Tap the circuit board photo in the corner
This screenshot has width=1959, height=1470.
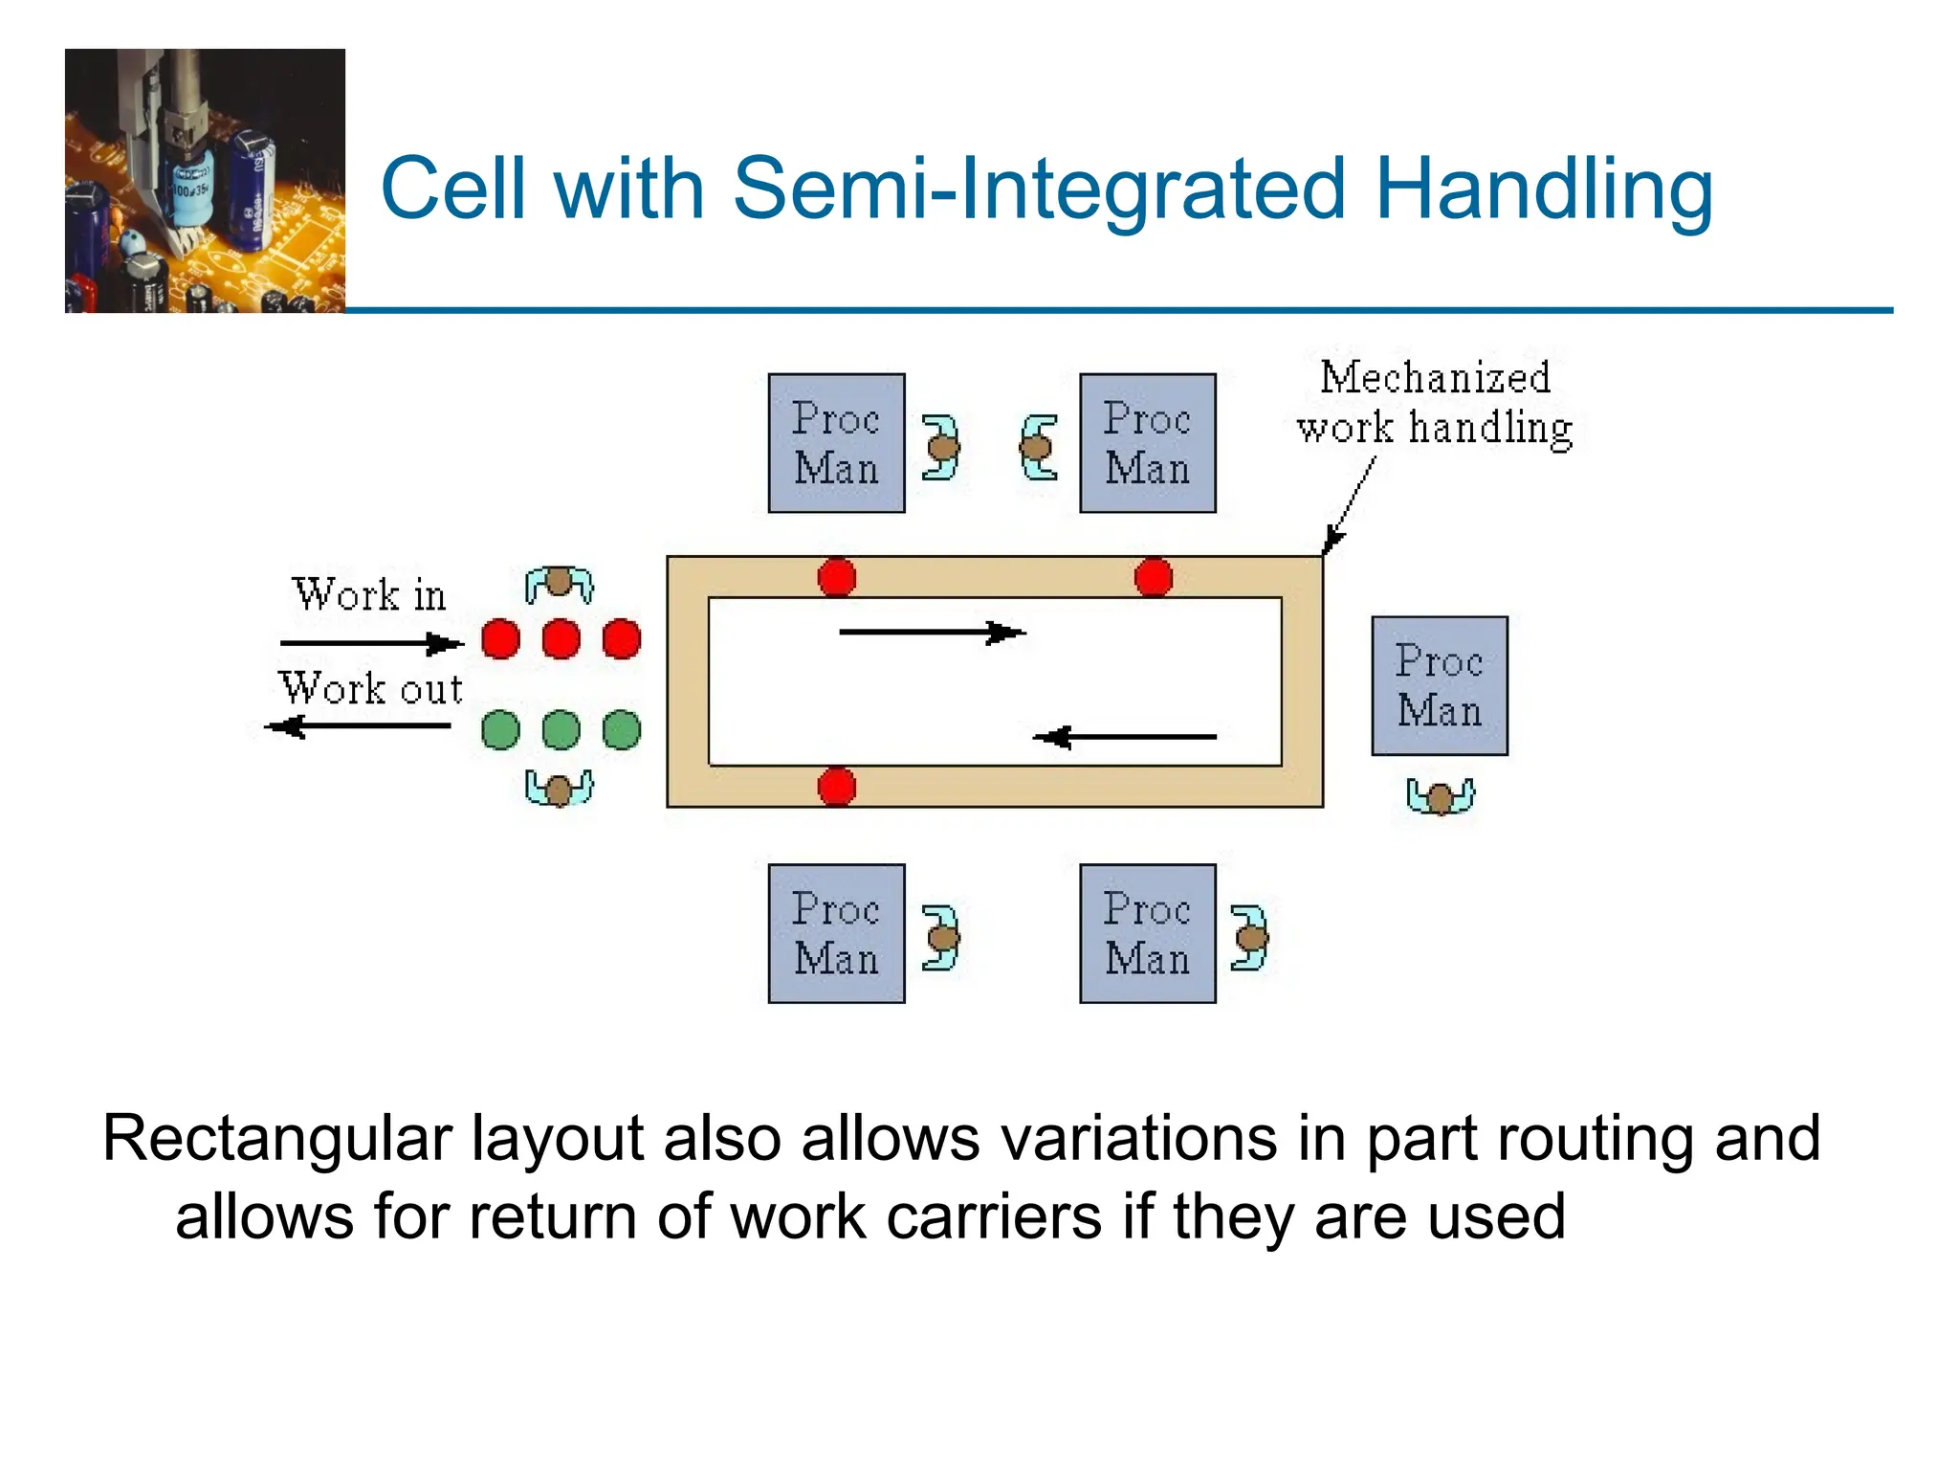[205, 181]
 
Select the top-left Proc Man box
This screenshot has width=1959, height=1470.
[836, 443]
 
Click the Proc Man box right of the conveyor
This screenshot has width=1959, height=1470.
[1439, 685]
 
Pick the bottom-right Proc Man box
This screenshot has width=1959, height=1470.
[1147, 933]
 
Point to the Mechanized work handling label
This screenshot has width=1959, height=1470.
[1434, 403]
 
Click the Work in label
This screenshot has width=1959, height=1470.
[369, 594]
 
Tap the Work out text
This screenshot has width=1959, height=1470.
[371, 688]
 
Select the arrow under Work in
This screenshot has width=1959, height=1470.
[371, 643]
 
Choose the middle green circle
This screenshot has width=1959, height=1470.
[561, 729]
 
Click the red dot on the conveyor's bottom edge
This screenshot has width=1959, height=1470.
[837, 787]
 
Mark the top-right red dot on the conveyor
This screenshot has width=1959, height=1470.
[1153, 578]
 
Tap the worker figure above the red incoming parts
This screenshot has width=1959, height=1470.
[559, 583]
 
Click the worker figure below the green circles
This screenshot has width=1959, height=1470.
[559, 788]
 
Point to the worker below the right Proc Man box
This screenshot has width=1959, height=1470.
[1440, 795]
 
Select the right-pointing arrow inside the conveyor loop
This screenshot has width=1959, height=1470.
[932, 632]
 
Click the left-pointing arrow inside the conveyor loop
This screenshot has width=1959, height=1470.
[1125, 737]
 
